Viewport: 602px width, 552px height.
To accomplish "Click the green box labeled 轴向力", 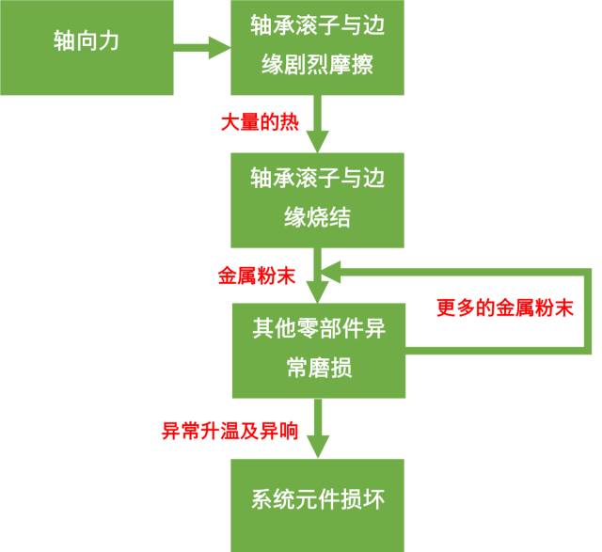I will coord(87,45).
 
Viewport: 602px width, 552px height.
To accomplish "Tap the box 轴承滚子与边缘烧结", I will coord(318,198).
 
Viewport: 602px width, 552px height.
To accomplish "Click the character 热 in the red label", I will coord(289,123).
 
